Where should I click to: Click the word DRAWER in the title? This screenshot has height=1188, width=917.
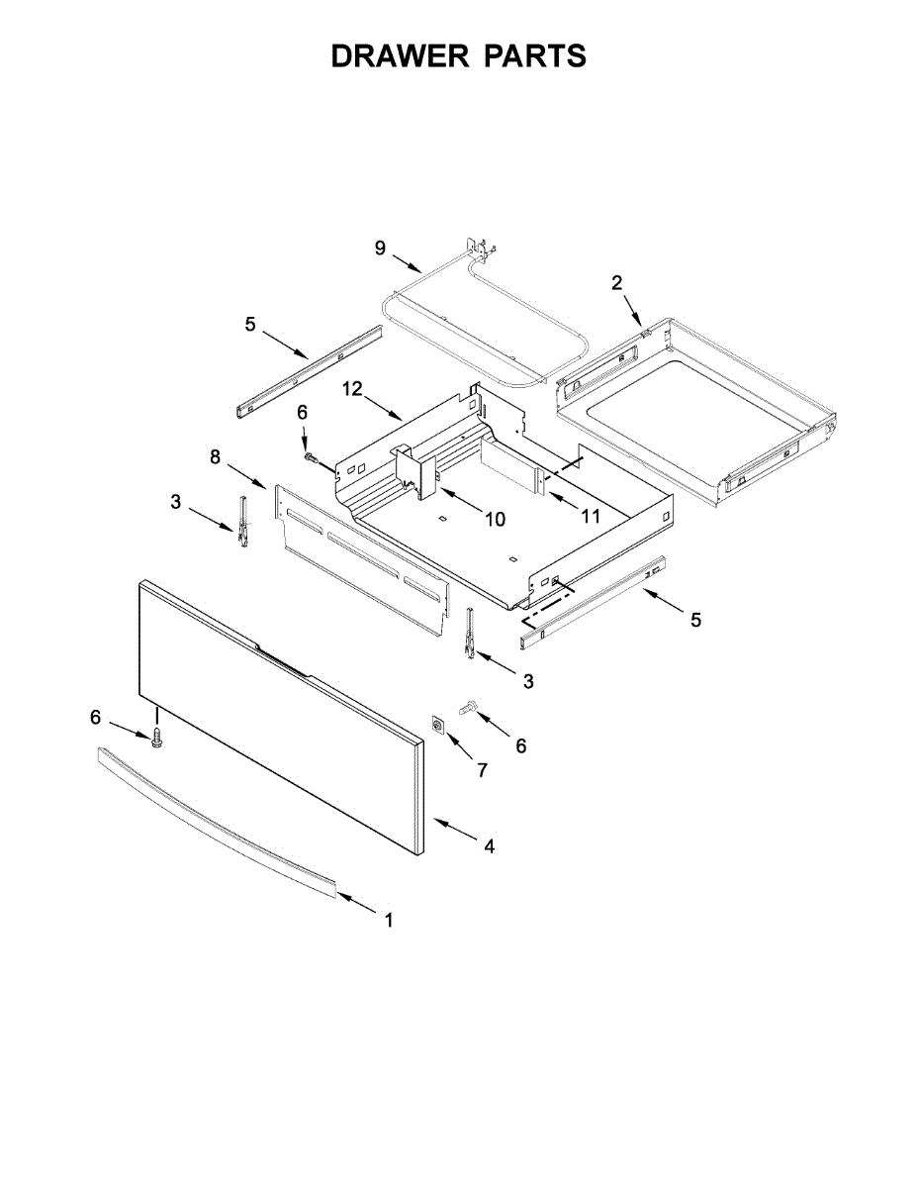(x=401, y=56)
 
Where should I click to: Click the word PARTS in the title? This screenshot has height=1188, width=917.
(x=535, y=56)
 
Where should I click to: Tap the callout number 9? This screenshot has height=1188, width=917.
(x=380, y=247)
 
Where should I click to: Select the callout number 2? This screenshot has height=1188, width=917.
(x=616, y=283)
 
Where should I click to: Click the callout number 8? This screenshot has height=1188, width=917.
(x=215, y=456)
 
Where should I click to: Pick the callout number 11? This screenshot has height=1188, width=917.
(x=591, y=515)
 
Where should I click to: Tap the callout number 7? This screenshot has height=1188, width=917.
(x=482, y=769)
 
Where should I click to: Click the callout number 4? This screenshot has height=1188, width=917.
(x=489, y=846)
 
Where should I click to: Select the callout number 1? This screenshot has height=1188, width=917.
(x=389, y=920)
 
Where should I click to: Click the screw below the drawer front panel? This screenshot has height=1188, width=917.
(x=155, y=738)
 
